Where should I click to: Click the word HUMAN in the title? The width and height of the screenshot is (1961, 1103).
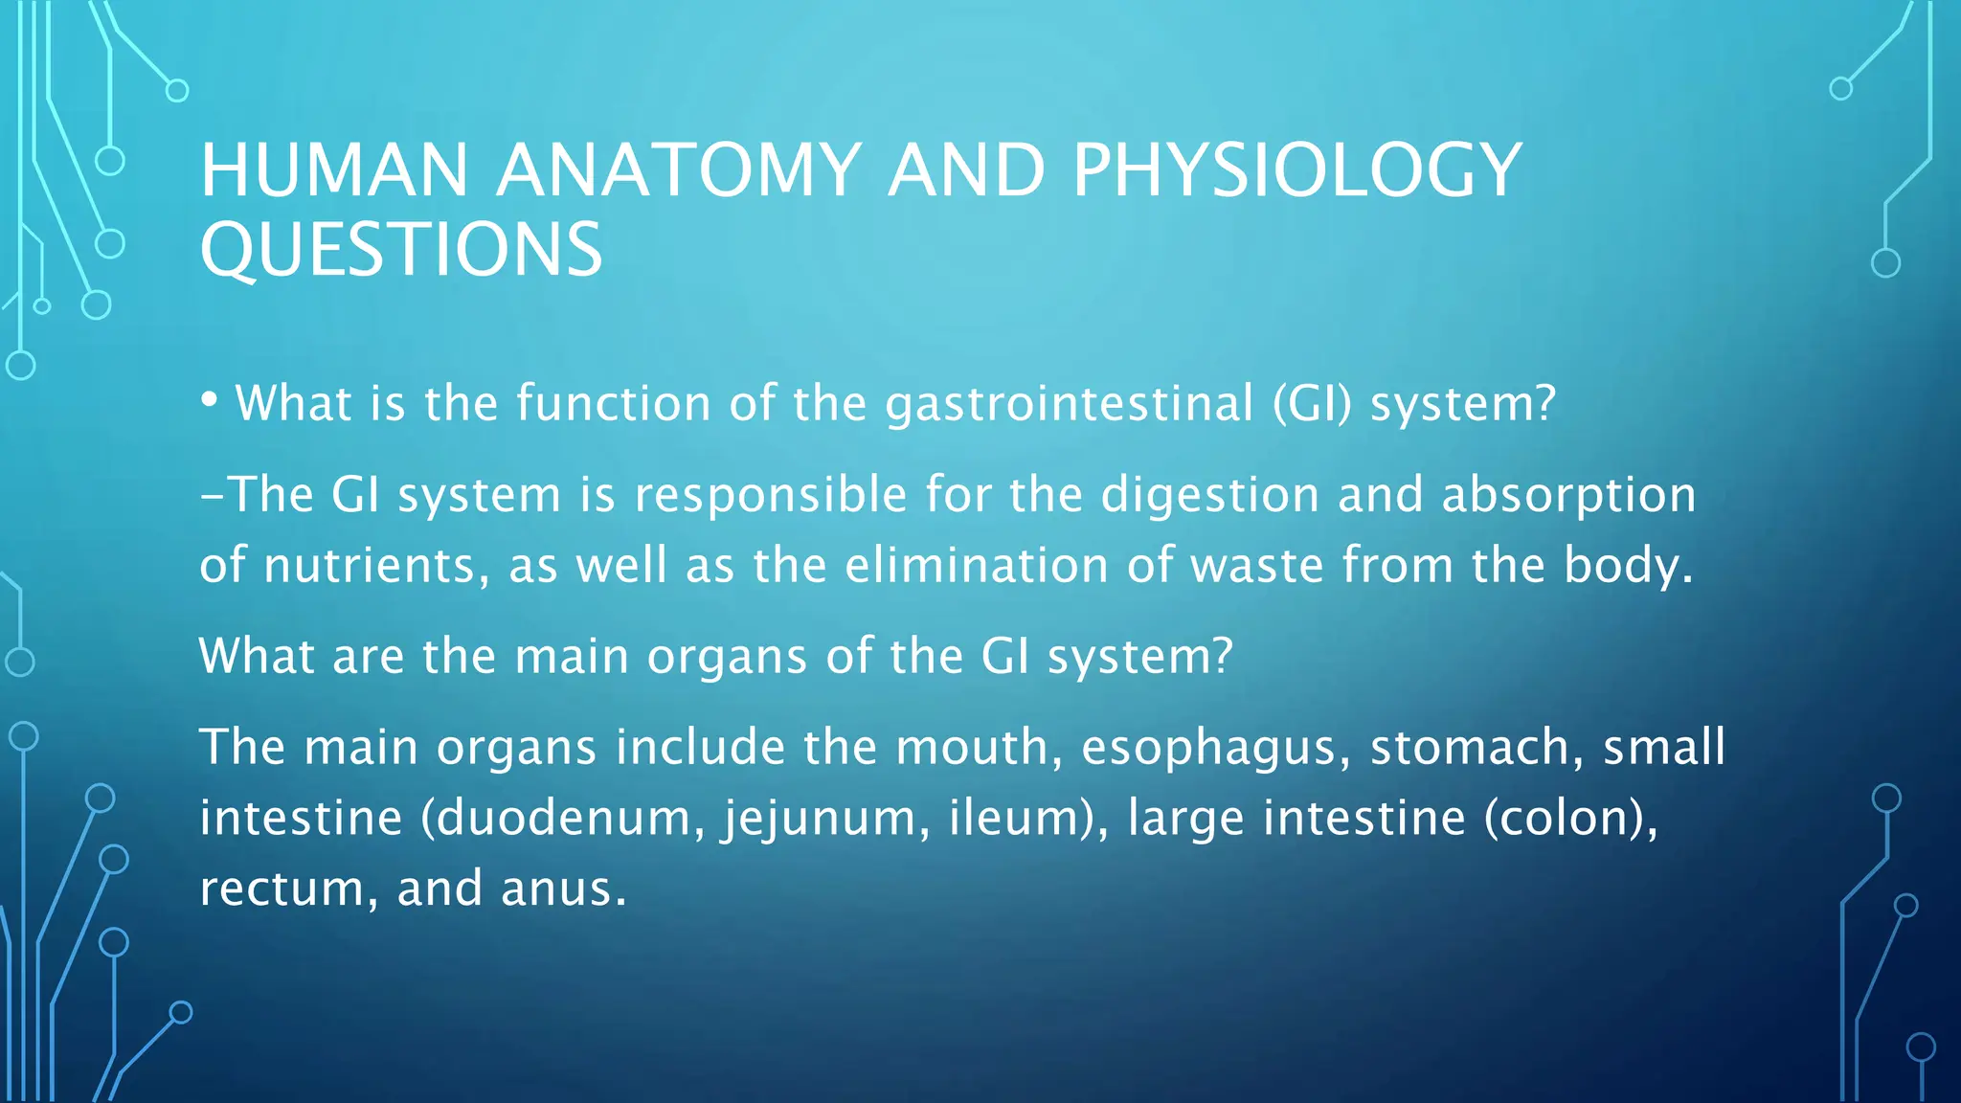point(333,170)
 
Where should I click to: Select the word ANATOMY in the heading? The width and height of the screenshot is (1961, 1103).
point(679,170)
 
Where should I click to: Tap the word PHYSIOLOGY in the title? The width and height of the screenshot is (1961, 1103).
point(1296,170)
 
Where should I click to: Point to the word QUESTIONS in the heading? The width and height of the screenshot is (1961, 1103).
point(401,250)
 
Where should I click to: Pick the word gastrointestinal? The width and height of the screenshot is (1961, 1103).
point(1069,404)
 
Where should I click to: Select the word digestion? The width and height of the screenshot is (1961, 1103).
point(1210,495)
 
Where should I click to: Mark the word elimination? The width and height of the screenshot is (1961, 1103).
point(978,565)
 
